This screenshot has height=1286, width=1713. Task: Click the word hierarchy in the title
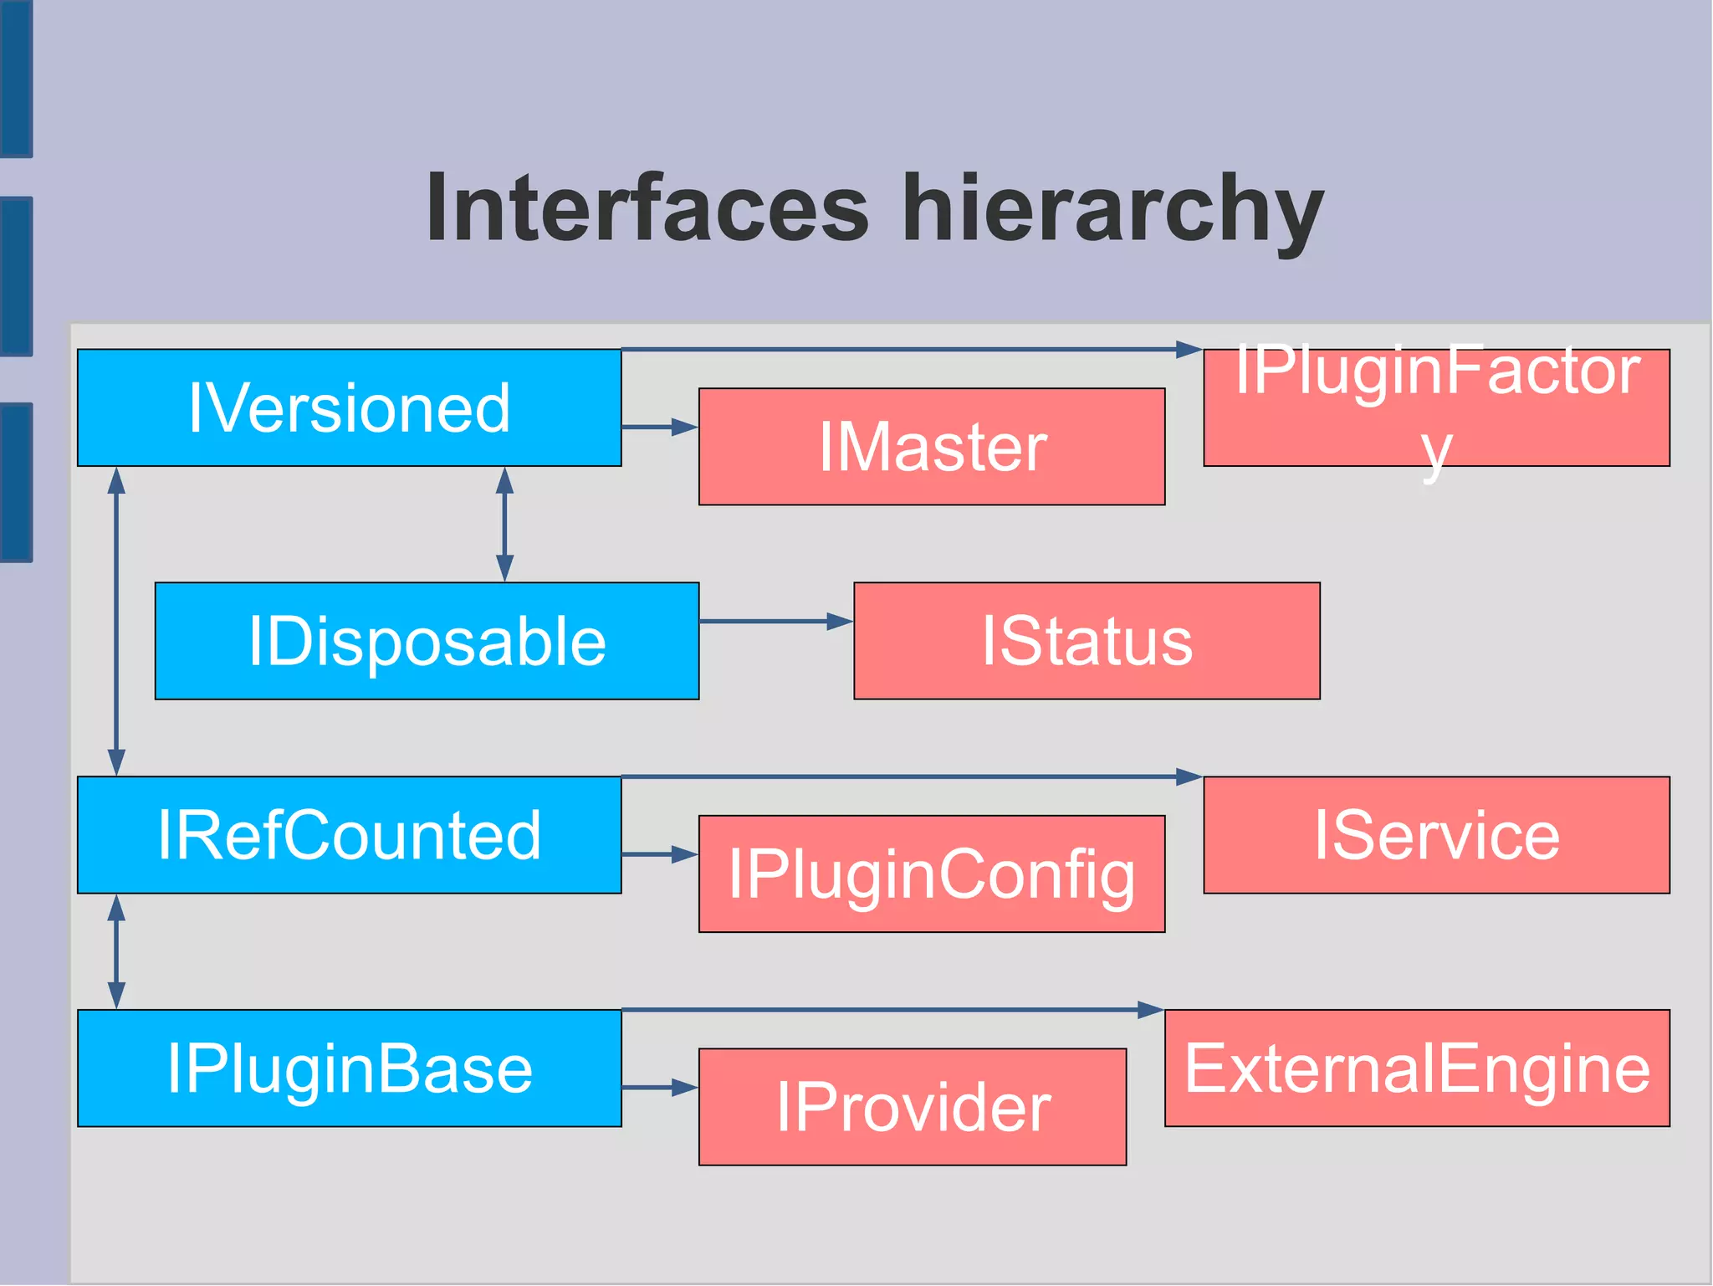[1112, 209]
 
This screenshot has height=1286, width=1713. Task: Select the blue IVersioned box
[349, 407]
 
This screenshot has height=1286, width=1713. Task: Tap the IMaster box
[932, 447]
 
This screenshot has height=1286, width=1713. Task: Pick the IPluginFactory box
[1436, 407]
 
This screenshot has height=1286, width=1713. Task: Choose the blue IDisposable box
[427, 641]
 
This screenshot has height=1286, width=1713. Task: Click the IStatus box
[1087, 641]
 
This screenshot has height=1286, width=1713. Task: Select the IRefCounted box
[349, 835]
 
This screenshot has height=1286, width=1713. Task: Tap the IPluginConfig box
[932, 874]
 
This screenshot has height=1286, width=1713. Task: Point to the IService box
[1436, 835]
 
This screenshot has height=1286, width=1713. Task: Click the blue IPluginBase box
[349, 1068]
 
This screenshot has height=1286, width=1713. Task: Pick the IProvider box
[913, 1107]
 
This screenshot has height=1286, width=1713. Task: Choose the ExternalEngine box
[1417, 1068]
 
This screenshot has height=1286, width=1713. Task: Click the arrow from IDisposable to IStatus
[774, 622]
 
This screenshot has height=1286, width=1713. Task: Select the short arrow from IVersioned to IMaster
[658, 428]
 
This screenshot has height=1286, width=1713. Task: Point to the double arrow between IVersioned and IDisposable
[504, 524]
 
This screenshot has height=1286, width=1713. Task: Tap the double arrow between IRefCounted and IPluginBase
[116, 951]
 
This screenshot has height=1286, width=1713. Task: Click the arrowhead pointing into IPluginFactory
[1188, 349]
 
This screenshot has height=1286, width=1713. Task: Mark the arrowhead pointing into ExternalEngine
[1150, 1010]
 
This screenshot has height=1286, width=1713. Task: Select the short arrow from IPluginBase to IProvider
[658, 1088]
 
